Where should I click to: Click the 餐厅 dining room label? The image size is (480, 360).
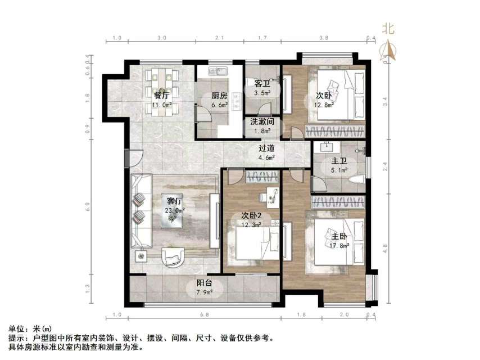tap(162, 95)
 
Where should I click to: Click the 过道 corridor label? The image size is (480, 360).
tap(267, 148)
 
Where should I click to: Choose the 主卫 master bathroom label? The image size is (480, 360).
tap(339, 161)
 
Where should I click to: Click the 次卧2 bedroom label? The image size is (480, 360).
tap(252, 215)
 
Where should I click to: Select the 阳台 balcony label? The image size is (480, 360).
tap(204, 283)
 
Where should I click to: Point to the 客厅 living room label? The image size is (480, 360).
tap(175, 201)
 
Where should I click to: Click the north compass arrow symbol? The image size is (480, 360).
tap(387, 51)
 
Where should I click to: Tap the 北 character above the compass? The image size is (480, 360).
tap(387, 28)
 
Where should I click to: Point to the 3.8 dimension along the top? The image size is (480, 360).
tap(324, 38)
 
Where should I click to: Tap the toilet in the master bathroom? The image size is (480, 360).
tap(355, 179)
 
